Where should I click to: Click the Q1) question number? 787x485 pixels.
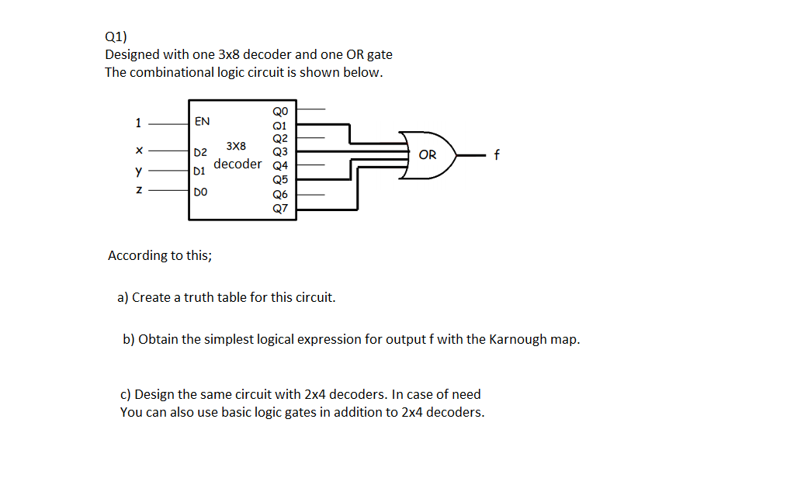pyautogui.click(x=115, y=36)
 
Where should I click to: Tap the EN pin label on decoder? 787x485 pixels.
pyautogui.click(x=202, y=121)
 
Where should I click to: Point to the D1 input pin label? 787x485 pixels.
pyautogui.click(x=199, y=169)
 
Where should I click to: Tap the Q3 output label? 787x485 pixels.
pyautogui.click(x=280, y=152)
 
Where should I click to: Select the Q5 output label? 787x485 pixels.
pyautogui.click(x=280, y=180)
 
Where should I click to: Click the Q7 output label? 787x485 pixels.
pyautogui.click(x=280, y=208)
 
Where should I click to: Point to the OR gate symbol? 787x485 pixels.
pyautogui.click(x=428, y=155)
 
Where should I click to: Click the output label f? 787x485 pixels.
pyautogui.click(x=497, y=155)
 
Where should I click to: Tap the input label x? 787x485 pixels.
pyautogui.click(x=138, y=151)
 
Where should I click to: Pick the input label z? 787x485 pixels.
pyautogui.click(x=138, y=189)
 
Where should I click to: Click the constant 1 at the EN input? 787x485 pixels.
pyautogui.click(x=138, y=122)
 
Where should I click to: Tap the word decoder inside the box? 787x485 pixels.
pyautogui.click(x=237, y=164)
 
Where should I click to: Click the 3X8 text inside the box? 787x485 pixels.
pyautogui.click(x=236, y=146)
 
